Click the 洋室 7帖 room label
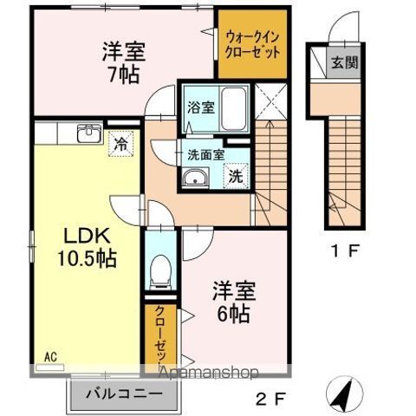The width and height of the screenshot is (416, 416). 121,62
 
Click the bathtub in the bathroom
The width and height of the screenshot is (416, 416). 231,106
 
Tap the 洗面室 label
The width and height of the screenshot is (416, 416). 206,155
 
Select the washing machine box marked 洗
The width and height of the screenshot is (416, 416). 235,174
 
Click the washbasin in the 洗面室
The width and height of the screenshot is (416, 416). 195,179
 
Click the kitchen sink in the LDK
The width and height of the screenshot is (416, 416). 88,134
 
